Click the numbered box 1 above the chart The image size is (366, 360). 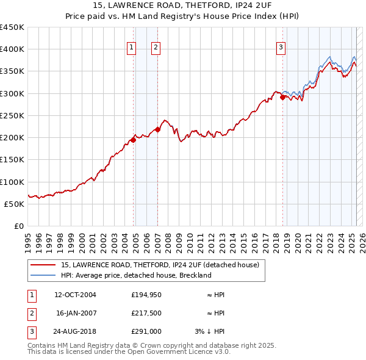[x=132, y=48]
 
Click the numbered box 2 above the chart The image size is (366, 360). [x=156, y=48]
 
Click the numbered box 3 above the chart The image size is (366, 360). [x=281, y=48]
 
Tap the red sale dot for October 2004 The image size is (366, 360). [x=133, y=140]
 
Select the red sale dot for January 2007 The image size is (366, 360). [x=157, y=129]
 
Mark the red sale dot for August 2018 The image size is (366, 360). [x=282, y=97]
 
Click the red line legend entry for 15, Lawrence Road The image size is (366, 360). [x=160, y=265]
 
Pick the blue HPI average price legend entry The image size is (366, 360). [x=135, y=275]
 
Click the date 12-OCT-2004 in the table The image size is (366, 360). [x=75, y=295]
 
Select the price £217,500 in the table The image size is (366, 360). [x=146, y=313]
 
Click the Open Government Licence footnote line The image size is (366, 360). [x=129, y=352]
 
